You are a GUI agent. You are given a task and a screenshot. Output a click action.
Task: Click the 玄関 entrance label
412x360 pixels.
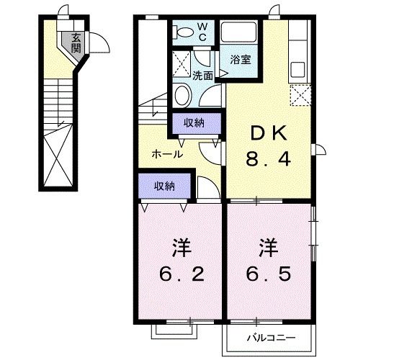point(76,43)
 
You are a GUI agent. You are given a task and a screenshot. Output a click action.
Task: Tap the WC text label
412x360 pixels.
point(202,32)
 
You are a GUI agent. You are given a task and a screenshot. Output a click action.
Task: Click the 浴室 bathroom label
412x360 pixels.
point(241,60)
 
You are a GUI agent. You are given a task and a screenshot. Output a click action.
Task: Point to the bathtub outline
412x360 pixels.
point(239,33)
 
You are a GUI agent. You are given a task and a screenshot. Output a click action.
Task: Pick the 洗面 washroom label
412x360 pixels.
point(202,75)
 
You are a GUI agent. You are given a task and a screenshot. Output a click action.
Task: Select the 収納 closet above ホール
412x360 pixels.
point(193,123)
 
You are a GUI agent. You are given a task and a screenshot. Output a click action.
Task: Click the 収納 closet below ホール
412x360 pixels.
point(164,186)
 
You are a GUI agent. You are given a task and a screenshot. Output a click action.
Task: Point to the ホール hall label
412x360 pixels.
point(166,154)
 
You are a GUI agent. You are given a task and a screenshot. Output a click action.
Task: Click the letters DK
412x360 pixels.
point(269,133)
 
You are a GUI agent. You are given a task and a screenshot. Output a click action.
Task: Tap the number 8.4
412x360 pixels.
point(269,161)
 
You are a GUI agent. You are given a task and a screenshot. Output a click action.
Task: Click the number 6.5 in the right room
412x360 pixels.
point(268,274)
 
